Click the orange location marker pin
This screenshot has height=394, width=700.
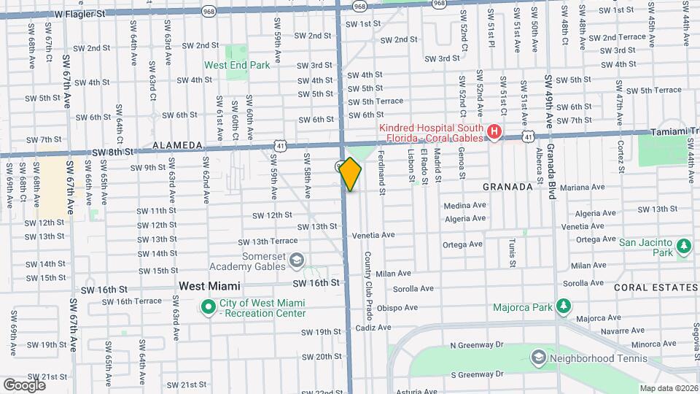pos(351,174)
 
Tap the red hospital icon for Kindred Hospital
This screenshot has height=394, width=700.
pos(494,132)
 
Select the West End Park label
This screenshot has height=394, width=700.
pos(237,65)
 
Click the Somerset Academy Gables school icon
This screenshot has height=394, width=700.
pos(297,260)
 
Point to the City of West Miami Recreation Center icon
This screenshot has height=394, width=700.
pos(208,307)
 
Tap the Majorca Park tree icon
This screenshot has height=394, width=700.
pos(564,306)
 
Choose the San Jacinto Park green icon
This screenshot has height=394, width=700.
pos(683,246)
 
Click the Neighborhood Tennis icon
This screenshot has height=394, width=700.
pos(538,358)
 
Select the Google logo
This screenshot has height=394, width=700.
pos(24,385)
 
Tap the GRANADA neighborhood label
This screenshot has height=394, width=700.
pos(507,187)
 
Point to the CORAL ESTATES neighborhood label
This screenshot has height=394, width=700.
pos(650,287)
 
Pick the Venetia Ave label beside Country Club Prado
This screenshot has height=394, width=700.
pos(373,235)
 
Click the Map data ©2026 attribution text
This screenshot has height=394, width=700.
pos(669,388)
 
